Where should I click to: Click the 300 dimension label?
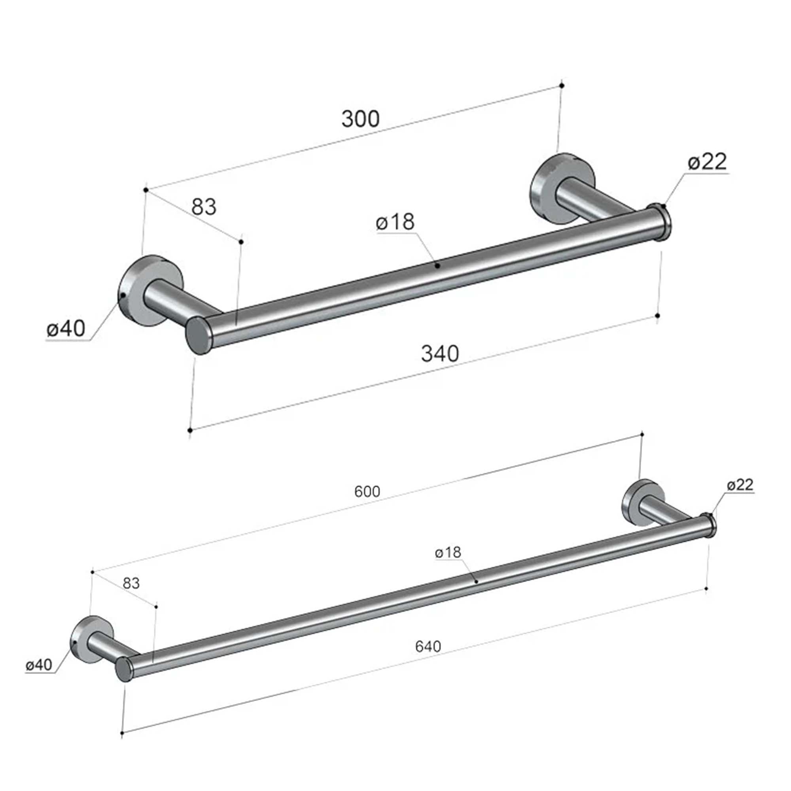[x=361, y=119]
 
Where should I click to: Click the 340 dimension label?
[x=440, y=354]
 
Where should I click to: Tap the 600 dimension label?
[x=367, y=491]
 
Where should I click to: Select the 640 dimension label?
[x=428, y=647]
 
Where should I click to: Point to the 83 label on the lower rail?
[x=131, y=583]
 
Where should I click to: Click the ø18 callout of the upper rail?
[x=395, y=222]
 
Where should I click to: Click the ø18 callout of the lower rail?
[x=448, y=553]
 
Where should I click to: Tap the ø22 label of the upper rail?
[x=708, y=162]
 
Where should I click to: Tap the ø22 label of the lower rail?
[x=740, y=485]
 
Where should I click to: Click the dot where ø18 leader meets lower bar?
[x=476, y=582]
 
